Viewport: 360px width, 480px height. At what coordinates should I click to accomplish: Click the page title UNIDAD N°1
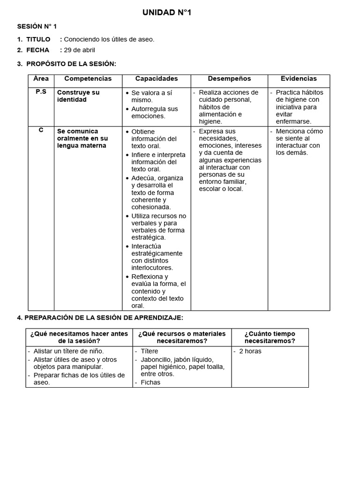point(167,13)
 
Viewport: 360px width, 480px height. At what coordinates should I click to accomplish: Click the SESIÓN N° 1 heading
point(37,26)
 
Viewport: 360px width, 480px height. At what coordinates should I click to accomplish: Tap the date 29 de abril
point(79,50)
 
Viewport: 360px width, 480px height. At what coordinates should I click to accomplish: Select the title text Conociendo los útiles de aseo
point(109,39)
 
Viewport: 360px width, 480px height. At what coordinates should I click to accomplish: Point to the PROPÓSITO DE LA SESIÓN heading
point(71,64)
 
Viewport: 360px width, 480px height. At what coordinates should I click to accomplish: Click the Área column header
point(41,79)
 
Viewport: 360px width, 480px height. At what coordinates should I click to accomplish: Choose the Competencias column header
point(88,79)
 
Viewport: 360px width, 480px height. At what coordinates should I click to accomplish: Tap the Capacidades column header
point(157,79)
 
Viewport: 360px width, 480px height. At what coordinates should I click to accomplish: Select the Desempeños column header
point(229,79)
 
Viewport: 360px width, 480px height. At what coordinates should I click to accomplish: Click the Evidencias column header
point(299,79)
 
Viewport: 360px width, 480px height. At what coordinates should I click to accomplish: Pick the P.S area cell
point(41,92)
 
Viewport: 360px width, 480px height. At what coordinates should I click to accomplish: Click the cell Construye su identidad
point(78,96)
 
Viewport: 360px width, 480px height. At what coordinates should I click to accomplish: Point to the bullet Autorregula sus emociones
point(155,112)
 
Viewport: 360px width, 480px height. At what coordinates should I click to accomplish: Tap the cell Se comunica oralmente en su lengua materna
point(82,138)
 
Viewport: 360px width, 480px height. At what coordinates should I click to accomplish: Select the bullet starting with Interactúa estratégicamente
point(157,257)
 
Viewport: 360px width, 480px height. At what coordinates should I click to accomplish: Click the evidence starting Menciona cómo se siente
point(300,142)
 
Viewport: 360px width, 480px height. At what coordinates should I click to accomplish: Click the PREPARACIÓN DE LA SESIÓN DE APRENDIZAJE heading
point(100,318)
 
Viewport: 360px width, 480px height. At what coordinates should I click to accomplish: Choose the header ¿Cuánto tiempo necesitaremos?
point(270,337)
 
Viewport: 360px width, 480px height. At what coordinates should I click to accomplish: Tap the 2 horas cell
point(250,351)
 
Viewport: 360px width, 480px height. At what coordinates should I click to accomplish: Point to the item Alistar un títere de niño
point(69,351)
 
